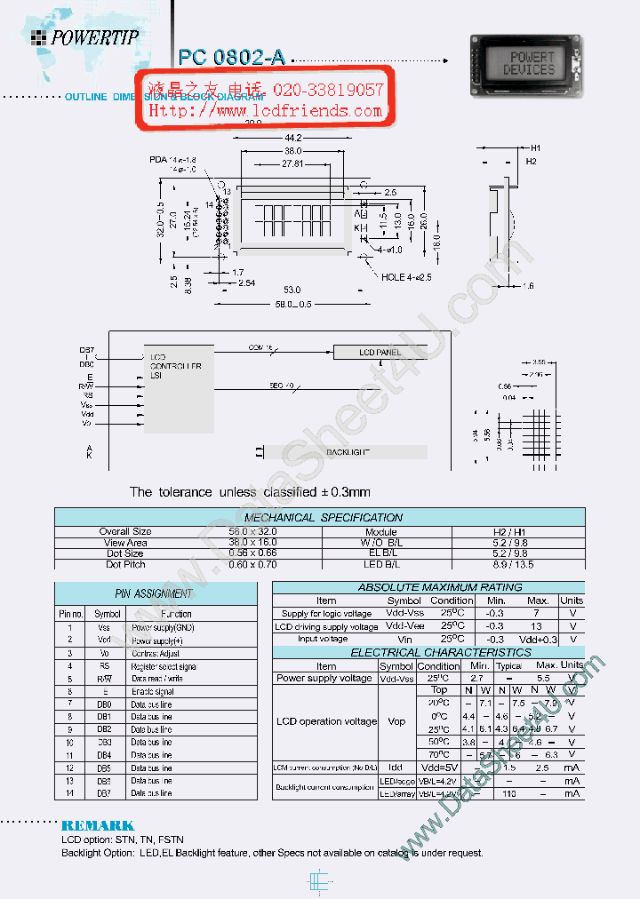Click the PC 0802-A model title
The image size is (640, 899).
(231, 57)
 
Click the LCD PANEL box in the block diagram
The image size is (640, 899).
(380, 353)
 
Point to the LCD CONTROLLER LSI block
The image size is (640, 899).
(176, 366)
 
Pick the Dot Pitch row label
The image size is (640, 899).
(125, 564)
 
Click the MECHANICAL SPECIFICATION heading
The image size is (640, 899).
(323, 517)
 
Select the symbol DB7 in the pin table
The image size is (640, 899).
(105, 793)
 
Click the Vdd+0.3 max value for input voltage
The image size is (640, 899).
(539, 640)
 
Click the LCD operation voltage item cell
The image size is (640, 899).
(325, 721)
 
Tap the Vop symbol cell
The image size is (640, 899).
(396, 721)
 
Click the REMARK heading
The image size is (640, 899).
(98, 825)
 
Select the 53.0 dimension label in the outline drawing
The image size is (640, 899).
(292, 290)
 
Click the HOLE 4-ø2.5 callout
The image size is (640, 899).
(406, 277)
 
